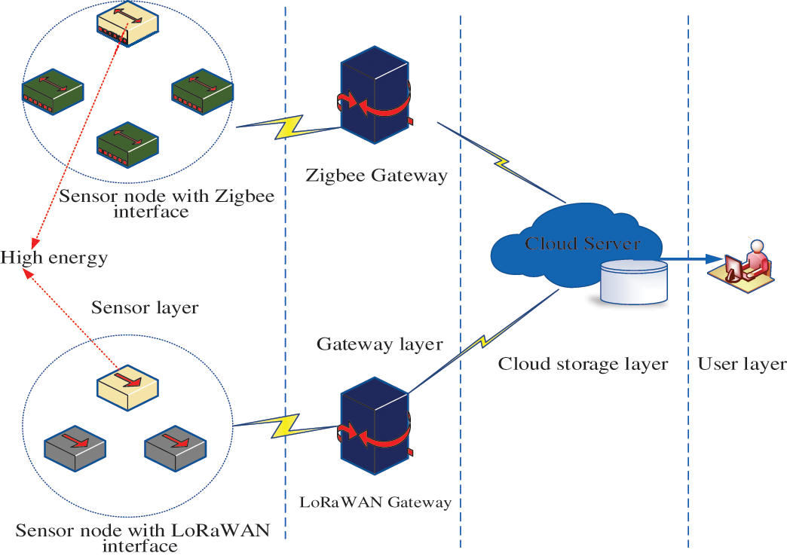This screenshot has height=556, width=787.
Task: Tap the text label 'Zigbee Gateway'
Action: point(377,176)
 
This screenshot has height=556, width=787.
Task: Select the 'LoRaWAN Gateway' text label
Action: point(375,502)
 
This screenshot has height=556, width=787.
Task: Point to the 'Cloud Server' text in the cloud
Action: point(582,243)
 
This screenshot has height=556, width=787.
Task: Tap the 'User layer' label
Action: point(742,365)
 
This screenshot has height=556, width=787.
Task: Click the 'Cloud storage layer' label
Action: point(583,365)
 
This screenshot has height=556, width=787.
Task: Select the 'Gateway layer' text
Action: point(379,344)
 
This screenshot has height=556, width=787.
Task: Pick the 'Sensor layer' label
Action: point(145,307)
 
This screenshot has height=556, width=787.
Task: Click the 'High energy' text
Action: point(54,258)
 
